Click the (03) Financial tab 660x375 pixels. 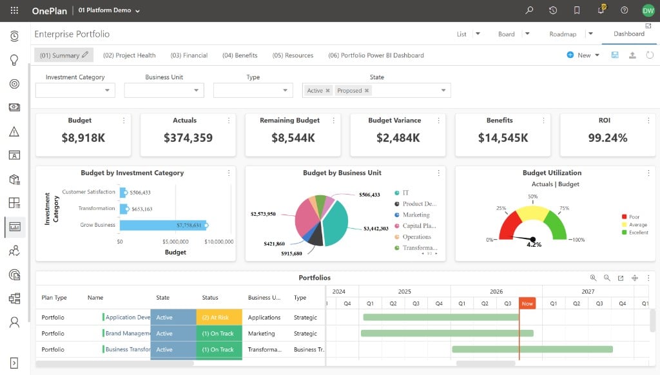pyautogui.click(x=189, y=55)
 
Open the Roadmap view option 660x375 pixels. pyautogui.click(x=562, y=34)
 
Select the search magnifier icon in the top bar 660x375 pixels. pyautogui.click(x=529, y=10)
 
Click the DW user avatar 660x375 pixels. pyautogui.click(x=648, y=10)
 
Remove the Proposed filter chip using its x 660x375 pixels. pyautogui.click(x=367, y=90)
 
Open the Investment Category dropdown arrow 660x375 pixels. pyautogui.click(x=107, y=90)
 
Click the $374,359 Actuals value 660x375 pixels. pyautogui.click(x=188, y=138)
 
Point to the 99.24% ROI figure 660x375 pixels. pyautogui.click(x=607, y=138)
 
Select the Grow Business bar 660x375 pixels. pyautogui.click(x=163, y=225)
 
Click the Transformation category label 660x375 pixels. pyautogui.click(x=97, y=208)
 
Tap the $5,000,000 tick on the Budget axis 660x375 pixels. pyautogui.click(x=175, y=242)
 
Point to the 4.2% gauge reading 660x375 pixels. pyautogui.click(x=534, y=245)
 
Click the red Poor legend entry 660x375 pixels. pyautogui.click(x=630, y=216)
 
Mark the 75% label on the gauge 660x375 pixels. pyautogui.click(x=564, y=208)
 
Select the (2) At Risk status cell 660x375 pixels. pyautogui.click(x=219, y=318)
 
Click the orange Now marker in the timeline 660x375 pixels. pyautogui.click(x=527, y=303)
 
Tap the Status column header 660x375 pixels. pyautogui.click(x=210, y=298)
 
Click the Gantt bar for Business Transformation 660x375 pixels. pyautogui.click(x=532, y=349)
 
